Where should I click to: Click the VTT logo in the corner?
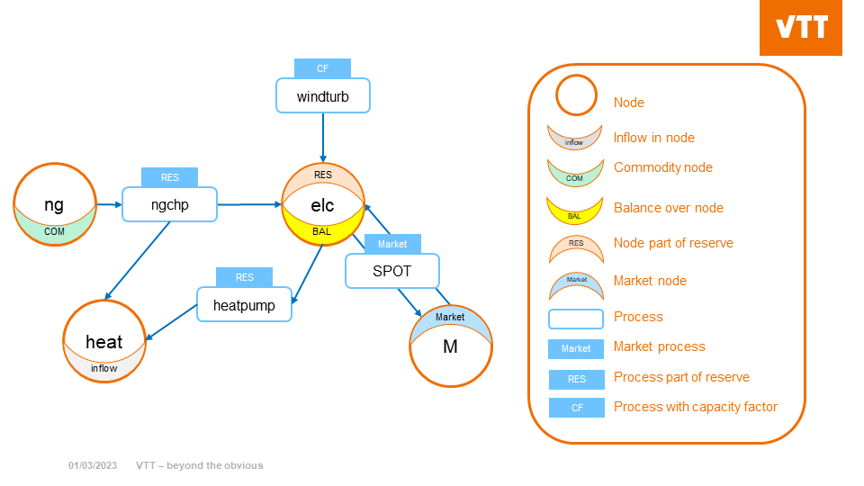point(801,28)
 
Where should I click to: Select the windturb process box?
point(322,95)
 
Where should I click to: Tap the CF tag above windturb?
point(322,68)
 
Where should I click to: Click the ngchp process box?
point(169,205)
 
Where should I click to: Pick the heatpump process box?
point(244,305)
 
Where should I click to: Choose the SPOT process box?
point(391,271)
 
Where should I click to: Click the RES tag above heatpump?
point(244,277)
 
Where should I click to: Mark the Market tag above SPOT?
point(392,244)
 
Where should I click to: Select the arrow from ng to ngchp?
point(109,204)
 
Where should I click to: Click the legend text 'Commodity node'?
point(662,167)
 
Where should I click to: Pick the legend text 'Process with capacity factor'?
point(695,407)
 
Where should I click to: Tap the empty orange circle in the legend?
point(576,94)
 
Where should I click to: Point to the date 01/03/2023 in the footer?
point(93,465)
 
